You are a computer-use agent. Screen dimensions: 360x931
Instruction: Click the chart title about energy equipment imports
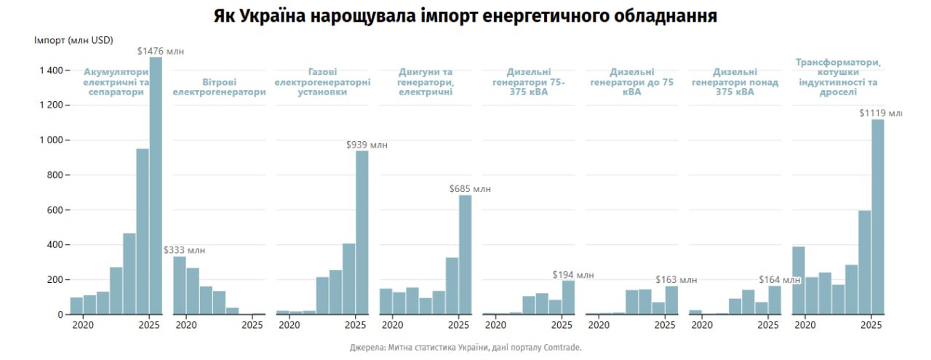tap(465, 16)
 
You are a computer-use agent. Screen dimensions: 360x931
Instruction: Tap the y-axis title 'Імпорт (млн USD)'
tap(73, 39)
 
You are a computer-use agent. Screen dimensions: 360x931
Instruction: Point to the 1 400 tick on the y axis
tap(47, 70)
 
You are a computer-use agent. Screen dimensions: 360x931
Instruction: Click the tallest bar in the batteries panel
tap(156, 185)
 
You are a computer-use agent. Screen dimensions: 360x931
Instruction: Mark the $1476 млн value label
tap(161, 51)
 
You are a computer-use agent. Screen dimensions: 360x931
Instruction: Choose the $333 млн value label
tap(184, 250)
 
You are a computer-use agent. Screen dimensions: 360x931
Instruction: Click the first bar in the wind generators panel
tap(180, 285)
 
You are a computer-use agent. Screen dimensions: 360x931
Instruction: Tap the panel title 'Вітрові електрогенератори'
tap(219, 87)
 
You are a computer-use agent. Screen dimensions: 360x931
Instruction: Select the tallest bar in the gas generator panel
tap(362, 233)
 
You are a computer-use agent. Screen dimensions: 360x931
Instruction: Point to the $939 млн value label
tap(367, 145)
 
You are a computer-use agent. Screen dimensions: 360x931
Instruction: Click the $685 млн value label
tap(470, 189)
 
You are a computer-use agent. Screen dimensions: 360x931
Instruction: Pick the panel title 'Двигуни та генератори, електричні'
tap(425, 81)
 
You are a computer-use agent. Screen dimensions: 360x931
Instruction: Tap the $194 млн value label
tap(573, 275)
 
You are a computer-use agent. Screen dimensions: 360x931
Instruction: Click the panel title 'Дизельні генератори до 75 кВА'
tap(631, 81)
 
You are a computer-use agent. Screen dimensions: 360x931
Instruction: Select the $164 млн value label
tap(780, 279)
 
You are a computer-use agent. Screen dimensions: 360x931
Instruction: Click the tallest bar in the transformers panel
tap(878, 217)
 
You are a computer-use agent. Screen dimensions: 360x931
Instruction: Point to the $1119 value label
tap(880, 113)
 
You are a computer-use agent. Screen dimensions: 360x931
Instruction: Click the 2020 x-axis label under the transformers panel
tap(804, 325)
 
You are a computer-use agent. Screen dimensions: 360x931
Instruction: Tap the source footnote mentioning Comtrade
tap(465, 348)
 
